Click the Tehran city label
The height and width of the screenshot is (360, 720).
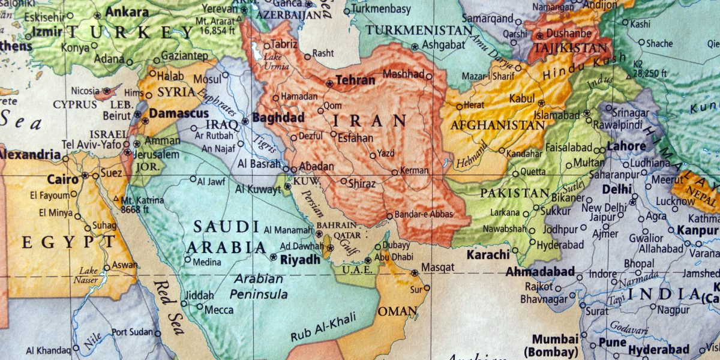pyautogui.click(x=355, y=80)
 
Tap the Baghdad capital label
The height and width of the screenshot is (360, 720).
pyautogui.click(x=278, y=118)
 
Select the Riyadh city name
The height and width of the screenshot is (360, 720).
pyautogui.click(x=300, y=259)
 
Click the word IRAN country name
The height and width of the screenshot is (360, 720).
pyautogui.click(x=370, y=121)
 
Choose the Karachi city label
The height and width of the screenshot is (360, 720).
pyautogui.click(x=488, y=254)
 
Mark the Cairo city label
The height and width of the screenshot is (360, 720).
pyautogui.click(x=62, y=179)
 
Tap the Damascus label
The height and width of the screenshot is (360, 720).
pyautogui.click(x=178, y=113)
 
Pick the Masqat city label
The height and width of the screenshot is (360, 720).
pyautogui.click(x=438, y=267)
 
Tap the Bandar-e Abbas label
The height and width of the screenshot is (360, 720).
pyautogui.click(x=423, y=214)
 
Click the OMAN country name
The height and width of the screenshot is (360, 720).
pyautogui.click(x=397, y=311)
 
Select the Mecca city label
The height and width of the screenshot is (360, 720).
pyautogui.click(x=219, y=310)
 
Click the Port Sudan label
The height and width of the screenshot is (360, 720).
pyautogui.click(x=132, y=332)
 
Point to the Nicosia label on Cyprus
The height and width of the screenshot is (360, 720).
pyautogui.click(x=85, y=91)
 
